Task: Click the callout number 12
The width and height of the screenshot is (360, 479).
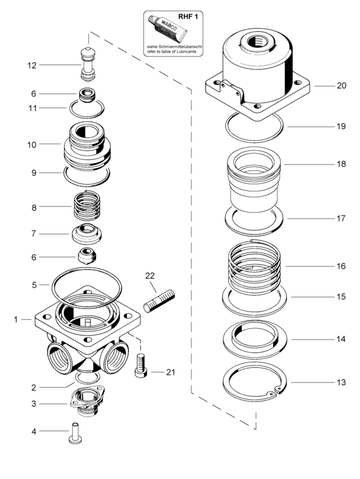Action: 32,65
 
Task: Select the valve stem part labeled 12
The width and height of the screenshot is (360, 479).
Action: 88,64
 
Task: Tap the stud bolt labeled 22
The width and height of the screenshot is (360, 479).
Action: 159,301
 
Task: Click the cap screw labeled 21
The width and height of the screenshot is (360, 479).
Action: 141,366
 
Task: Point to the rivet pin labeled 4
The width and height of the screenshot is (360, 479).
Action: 74,433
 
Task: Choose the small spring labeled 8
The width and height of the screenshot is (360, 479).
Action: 87,206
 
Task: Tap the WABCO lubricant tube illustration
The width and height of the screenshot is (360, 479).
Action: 167,28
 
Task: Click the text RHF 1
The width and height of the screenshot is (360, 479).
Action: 188,16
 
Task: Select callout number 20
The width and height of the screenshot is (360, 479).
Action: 341,86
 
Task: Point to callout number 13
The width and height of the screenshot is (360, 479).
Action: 341,382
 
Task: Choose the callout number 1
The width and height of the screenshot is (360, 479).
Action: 16,320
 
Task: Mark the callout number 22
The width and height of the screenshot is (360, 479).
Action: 150,276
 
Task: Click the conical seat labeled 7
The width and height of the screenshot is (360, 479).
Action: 87,233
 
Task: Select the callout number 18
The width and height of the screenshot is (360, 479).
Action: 341,164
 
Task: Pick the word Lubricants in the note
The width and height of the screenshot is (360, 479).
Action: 185,52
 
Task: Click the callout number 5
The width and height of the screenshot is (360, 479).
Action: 34,285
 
